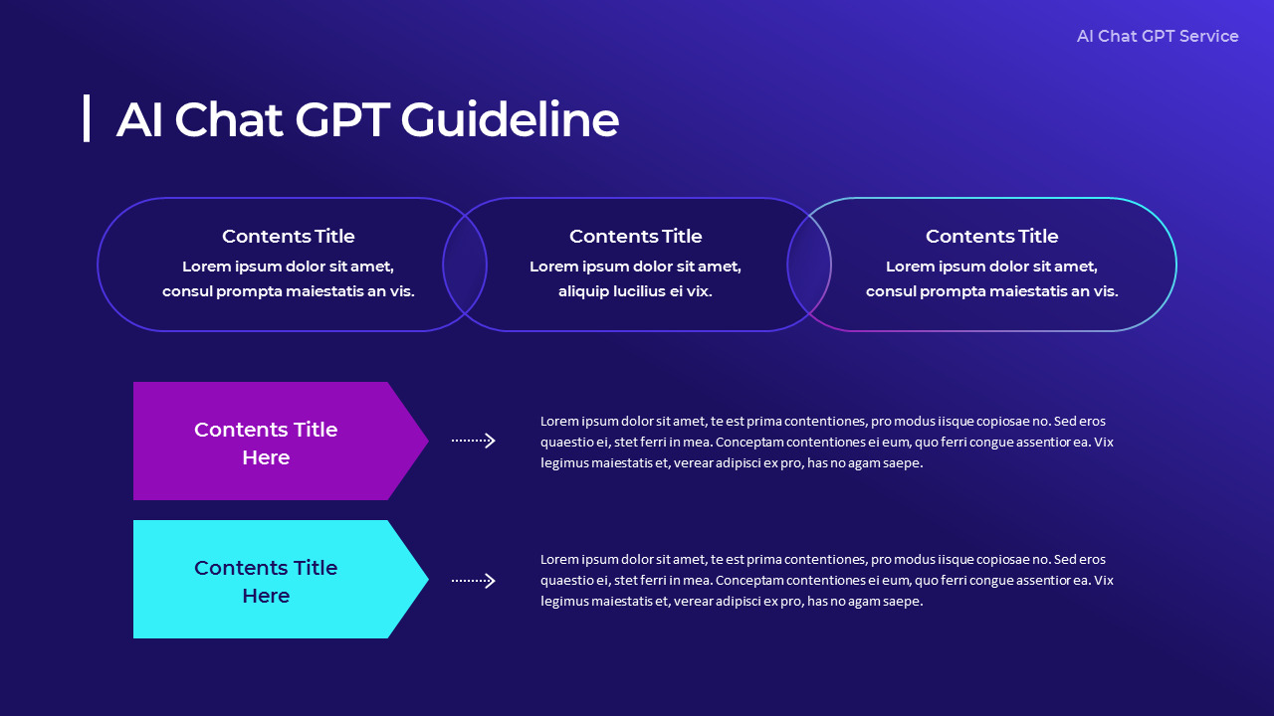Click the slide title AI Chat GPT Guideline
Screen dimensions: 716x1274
tap(366, 119)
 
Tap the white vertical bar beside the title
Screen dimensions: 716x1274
tap(87, 118)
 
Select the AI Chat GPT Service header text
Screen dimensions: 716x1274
tap(1157, 36)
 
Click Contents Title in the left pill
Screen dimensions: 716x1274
tap(288, 236)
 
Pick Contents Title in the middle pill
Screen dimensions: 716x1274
tap(635, 236)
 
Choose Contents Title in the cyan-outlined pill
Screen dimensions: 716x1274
tap(991, 236)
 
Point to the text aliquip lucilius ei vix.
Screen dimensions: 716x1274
tap(635, 291)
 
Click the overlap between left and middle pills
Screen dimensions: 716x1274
tap(465, 265)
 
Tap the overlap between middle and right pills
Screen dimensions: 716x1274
tap(809, 265)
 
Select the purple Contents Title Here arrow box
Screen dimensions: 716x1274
tap(266, 442)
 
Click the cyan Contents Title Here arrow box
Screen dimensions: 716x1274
tap(266, 580)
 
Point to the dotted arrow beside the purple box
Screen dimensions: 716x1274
tap(473, 441)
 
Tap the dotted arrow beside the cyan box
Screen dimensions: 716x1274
tap(473, 580)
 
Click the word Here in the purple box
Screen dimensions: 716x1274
tap(266, 457)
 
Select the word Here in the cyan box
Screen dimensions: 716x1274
tap(266, 596)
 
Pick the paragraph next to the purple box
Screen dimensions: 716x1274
tap(826, 442)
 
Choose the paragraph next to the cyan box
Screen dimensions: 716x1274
tap(826, 580)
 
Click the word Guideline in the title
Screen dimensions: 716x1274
tap(510, 119)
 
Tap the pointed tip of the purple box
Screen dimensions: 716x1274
tap(423, 441)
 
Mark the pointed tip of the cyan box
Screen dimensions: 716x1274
tap(423, 579)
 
